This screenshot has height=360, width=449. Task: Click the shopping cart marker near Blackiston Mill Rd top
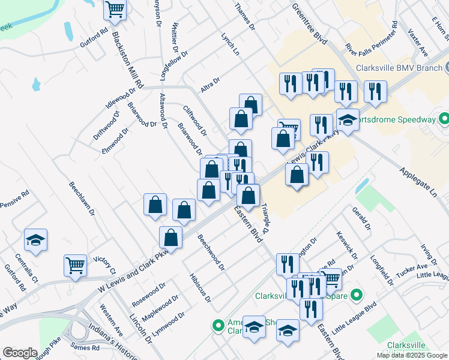114,10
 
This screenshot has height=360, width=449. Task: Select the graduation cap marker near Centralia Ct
36,240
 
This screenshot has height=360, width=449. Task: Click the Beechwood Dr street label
211,251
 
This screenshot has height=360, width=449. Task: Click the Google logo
20,353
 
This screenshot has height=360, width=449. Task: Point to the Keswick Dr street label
347,245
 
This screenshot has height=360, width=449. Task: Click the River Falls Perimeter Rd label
372,37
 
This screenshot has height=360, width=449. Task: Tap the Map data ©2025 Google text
411,355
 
